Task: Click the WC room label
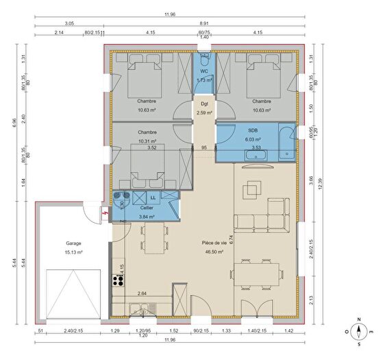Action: pos(203,71)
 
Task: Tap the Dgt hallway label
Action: pos(203,104)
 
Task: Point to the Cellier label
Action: pos(146,208)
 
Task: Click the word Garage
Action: pos(74,243)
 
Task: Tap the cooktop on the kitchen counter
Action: pos(116,280)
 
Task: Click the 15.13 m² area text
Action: pos(74,252)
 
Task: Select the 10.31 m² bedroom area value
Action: pos(147,141)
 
